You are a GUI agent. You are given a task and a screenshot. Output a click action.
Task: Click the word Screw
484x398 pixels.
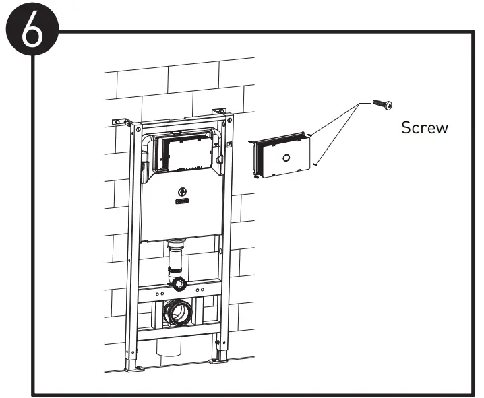click(425, 127)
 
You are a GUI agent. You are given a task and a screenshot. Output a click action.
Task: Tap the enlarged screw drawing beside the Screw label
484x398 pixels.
click(382, 104)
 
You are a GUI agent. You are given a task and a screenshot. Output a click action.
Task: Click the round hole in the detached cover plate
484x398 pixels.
click(286, 159)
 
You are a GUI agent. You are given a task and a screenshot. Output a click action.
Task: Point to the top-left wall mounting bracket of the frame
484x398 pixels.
click(121, 121)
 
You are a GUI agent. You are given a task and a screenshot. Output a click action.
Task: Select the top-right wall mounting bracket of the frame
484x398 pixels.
click(218, 111)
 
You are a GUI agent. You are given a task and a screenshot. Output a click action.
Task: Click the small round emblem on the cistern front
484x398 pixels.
click(181, 191)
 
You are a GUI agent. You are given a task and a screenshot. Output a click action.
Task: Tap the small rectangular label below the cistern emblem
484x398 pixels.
click(182, 201)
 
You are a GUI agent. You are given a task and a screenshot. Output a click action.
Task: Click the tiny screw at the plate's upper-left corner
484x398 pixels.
click(250, 142)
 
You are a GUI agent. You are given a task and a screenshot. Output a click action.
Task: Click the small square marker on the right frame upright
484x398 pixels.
click(231, 143)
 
